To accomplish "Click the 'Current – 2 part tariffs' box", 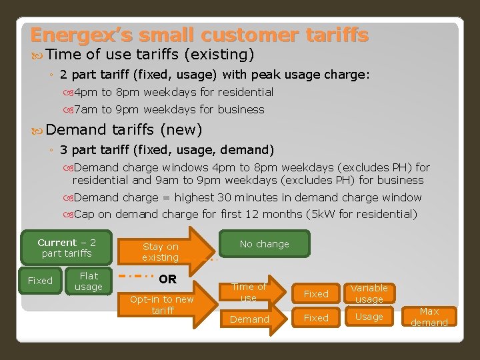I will point(66,248).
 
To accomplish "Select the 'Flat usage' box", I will point(88,281).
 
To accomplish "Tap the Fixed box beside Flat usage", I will point(40,281).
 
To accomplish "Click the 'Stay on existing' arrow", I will point(163,251).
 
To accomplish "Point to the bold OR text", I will point(168,279).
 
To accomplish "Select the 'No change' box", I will point(265,244).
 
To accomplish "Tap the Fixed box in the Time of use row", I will point(316,293).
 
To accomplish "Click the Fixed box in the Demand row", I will point(316,318).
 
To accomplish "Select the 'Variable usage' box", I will point(369,293).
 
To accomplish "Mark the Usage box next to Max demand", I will point(369,317).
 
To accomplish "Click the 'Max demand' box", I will point(429,317).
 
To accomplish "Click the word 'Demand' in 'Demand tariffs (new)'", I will point(76,129).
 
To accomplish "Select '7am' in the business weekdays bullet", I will point(85,109).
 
